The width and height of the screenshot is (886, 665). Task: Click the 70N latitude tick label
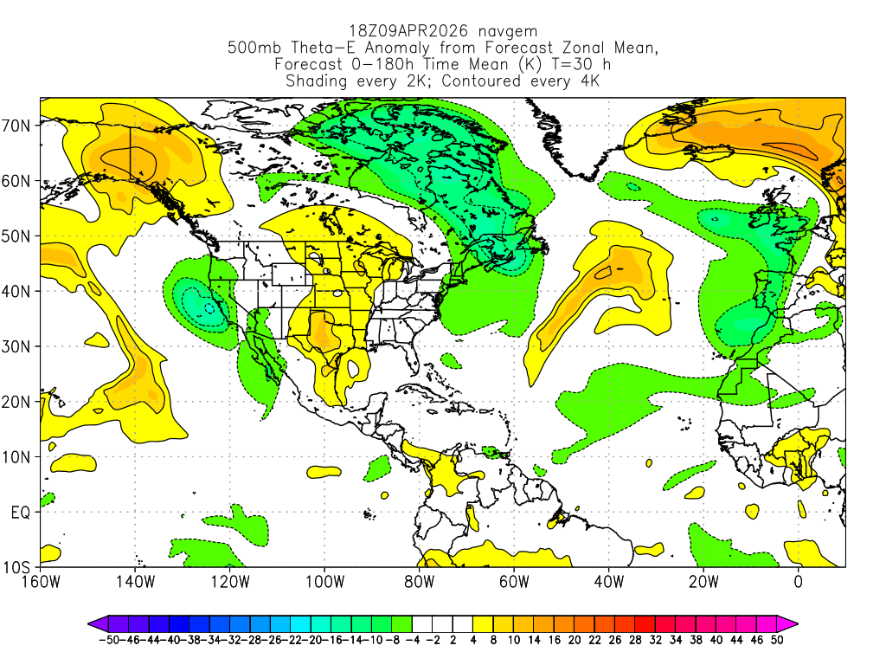[19, 126]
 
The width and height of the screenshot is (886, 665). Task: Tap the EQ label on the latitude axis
[21, 513]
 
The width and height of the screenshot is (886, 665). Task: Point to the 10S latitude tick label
[19, 568]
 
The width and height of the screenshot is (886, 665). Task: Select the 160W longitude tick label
[41, 581]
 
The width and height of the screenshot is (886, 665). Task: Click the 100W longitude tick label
[324, 581]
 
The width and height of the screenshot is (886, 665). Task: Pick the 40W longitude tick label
[608, 581]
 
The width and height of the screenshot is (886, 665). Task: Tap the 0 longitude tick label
[798, 581]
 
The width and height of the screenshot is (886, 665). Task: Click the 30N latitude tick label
[19, 346]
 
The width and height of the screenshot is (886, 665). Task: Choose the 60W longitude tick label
[514, 581]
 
